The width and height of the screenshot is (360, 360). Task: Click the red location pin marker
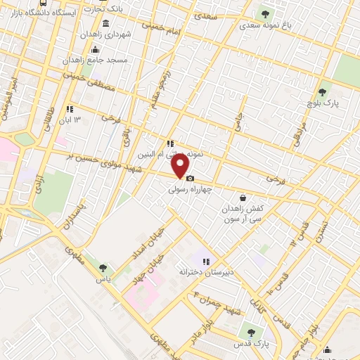(181, 166)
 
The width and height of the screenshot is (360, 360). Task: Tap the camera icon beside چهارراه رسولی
(190, 179)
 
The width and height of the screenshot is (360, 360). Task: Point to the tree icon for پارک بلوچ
(323, 91)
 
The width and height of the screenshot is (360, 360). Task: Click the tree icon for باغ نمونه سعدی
(265, 13)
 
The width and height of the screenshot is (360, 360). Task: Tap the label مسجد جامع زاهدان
(103, 60)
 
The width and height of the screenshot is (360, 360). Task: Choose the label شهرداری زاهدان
(104, 34)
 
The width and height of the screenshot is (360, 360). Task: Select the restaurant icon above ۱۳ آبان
(70, 109)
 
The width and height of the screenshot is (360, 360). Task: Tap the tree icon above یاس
(104, 267)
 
